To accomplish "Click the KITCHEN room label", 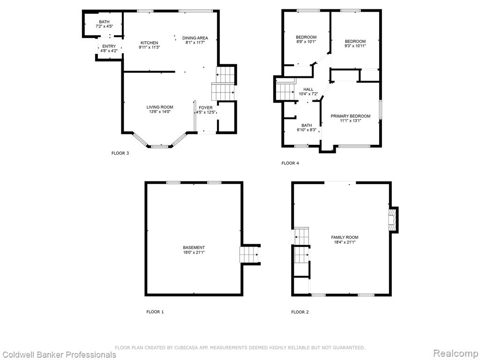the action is point(150,43).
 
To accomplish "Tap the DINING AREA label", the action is point(195,38).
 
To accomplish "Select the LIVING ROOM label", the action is point(160,107).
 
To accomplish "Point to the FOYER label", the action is point(206,108).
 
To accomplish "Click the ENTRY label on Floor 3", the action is point(109,46).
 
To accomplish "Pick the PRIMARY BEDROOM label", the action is point(351,116).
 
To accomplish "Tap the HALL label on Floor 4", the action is point(308,90).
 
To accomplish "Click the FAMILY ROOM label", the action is point(345,237).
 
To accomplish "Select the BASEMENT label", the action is point(194,247).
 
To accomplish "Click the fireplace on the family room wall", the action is point(393,220).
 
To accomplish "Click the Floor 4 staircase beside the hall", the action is point(285,89).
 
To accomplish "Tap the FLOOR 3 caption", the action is point(120,153).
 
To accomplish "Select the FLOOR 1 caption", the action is point(155,312).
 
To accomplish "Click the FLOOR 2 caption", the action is point(300,312).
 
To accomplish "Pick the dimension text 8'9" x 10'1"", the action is point(306,42).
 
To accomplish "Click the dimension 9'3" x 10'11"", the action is point(355,46).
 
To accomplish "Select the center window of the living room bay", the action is point(160,147).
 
